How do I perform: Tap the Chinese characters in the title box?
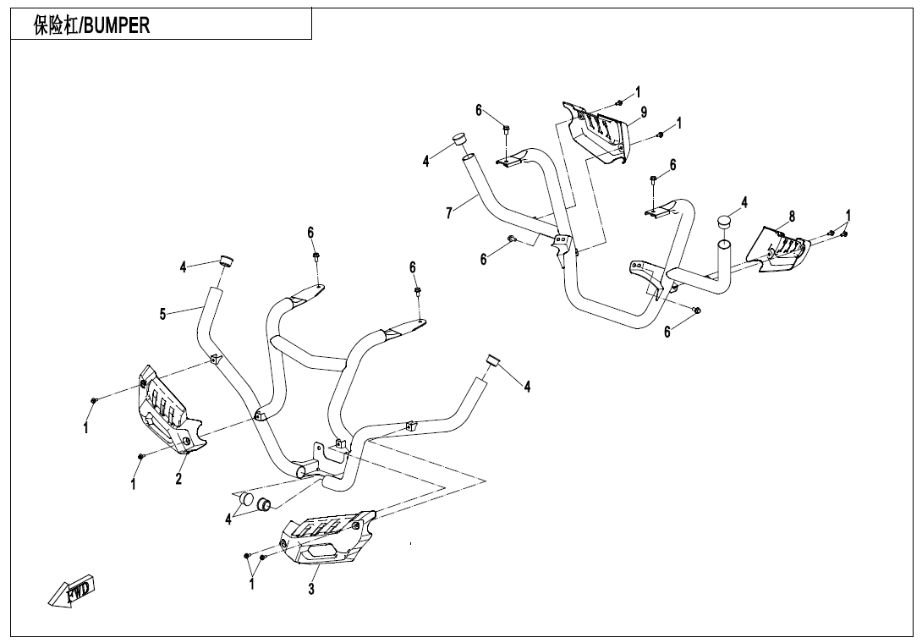coord(56,26)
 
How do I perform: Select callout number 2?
coord(178,480)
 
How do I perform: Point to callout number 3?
coord(311,589)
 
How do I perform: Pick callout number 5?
coord(162,315)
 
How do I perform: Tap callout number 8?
coord(792,217)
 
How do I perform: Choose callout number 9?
coord(644,112)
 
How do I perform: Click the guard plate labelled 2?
coord(166,408)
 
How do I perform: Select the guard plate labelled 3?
coord(327,539)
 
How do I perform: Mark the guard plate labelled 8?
coord(783,250)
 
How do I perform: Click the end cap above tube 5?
coord(226,260)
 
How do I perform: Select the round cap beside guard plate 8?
coord(725,222)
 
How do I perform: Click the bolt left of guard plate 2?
coord(95,399)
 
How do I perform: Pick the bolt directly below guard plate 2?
coord(141,457)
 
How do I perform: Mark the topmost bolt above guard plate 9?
coord(618,102)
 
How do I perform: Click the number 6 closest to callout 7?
coord(484,260)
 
